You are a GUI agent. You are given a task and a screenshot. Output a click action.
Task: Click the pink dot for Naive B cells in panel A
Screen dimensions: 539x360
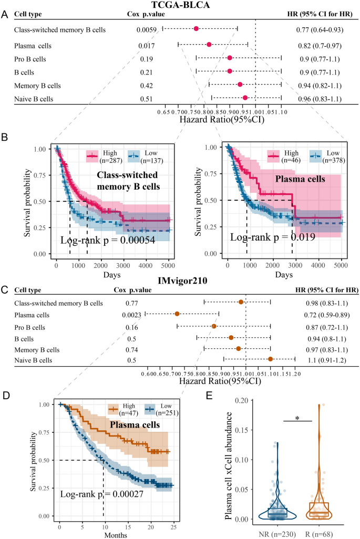[245, 98]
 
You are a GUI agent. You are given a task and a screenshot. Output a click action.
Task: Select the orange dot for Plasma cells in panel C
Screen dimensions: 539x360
[177, 314]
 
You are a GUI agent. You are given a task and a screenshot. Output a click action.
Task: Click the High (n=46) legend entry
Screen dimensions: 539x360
[287, 156]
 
